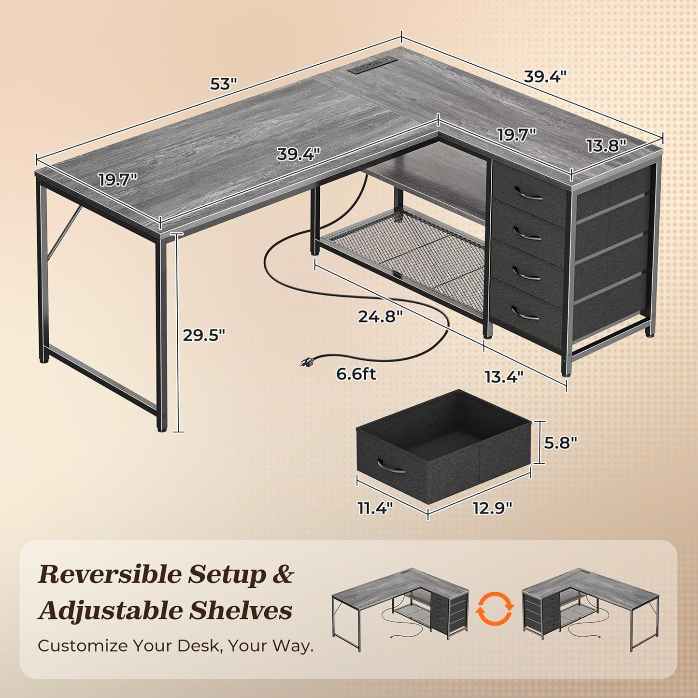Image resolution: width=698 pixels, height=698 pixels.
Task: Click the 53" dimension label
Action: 223,84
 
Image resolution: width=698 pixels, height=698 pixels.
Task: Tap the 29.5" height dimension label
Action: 204,335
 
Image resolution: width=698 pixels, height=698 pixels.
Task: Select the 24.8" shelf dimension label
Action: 380,316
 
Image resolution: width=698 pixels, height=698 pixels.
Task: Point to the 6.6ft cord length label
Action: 356,374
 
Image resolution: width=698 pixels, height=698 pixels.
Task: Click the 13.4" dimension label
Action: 504,377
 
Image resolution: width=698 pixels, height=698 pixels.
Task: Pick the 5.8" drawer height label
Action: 560,442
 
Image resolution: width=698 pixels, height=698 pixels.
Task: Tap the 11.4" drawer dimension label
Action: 375,508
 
